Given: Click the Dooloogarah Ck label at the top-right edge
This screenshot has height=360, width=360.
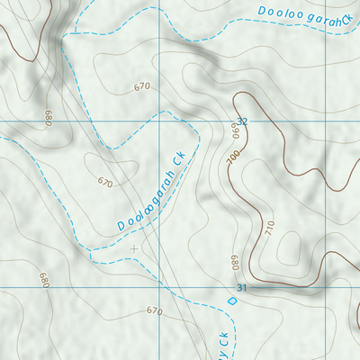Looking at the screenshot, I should pos(301,15).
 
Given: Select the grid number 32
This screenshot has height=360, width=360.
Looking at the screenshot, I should pos(241,121).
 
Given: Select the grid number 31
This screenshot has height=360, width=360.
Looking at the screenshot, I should pos(240,288).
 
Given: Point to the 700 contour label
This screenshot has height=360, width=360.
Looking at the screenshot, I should pos(234,156).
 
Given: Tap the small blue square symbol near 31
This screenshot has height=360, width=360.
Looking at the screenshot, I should pos(232,301).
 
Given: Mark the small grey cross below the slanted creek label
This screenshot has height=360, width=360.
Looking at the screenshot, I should pos(134,248).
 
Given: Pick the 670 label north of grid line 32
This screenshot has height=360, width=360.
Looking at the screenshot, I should pos(141,87).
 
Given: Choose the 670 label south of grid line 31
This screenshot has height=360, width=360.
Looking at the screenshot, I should pos(154,310).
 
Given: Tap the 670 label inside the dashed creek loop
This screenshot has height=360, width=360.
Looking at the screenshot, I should pos(105,182).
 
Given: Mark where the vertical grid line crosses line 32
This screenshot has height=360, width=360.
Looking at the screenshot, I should pos(159,120).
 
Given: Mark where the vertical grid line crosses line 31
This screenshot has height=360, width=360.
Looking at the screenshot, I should pos(159,287).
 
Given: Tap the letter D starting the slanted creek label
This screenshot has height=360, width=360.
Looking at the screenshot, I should pos(121,225).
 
